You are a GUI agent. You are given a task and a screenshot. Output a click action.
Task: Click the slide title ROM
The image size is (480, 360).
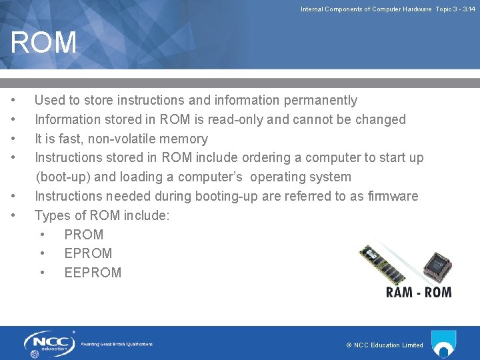[44, 43]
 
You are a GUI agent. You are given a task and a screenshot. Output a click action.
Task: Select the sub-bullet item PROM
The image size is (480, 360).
[83, 235]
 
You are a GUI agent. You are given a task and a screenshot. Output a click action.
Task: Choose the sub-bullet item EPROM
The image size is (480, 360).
[88, 253]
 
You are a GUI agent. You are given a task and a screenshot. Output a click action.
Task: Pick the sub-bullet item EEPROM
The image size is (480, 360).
[93, 273]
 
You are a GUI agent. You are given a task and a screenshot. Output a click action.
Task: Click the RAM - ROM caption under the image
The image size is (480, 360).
[419, 292]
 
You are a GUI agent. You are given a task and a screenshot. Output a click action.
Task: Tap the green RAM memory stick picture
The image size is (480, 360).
[381, 264]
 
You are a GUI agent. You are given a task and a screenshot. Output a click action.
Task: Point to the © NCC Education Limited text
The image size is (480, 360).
[385, 345]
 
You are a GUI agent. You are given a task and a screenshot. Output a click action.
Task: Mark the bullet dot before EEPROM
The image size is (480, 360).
[43, 273]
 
